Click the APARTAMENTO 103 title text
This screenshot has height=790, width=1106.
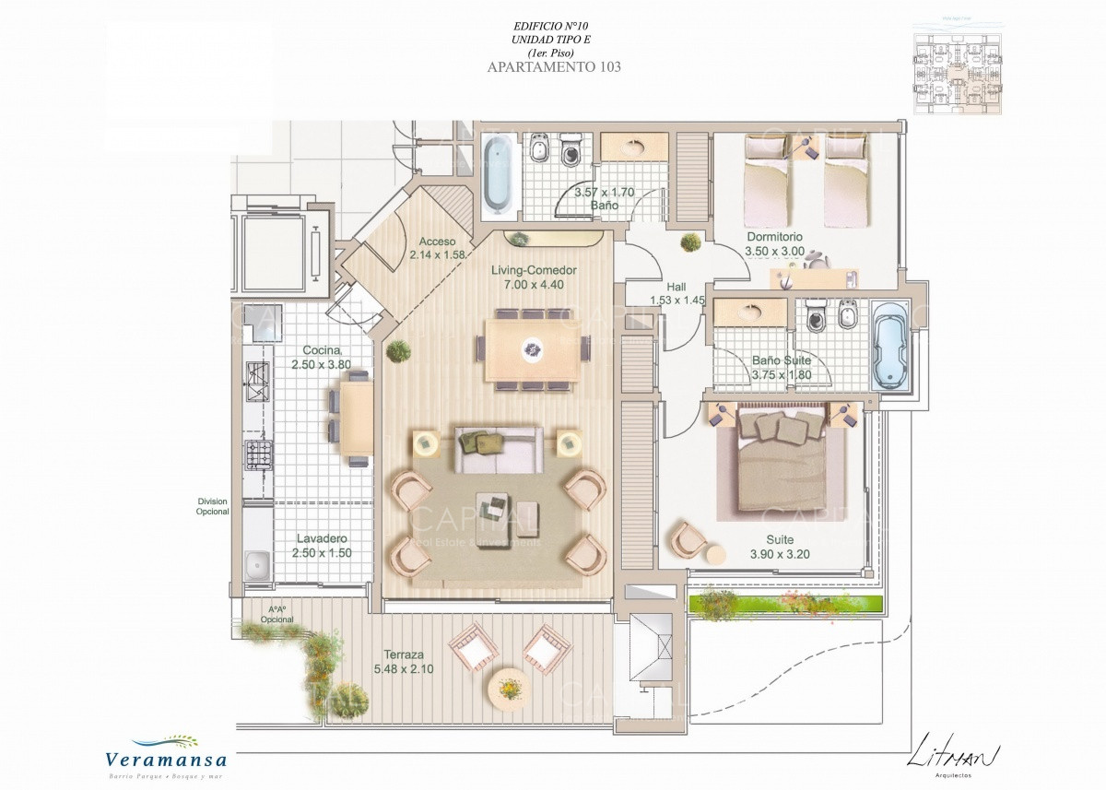click(552, 66)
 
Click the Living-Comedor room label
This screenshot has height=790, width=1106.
click(534, 270)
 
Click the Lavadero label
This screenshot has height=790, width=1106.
click(322, 538)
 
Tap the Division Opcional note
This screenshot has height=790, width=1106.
click(212, 507)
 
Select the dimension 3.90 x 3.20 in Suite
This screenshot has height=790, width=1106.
click(779, 554)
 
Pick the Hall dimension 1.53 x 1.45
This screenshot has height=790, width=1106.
click(677, 301)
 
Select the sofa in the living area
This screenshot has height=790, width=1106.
click(500, 449)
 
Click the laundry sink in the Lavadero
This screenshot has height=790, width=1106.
click(257, 562)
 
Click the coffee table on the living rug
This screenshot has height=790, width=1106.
click(496, 506)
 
